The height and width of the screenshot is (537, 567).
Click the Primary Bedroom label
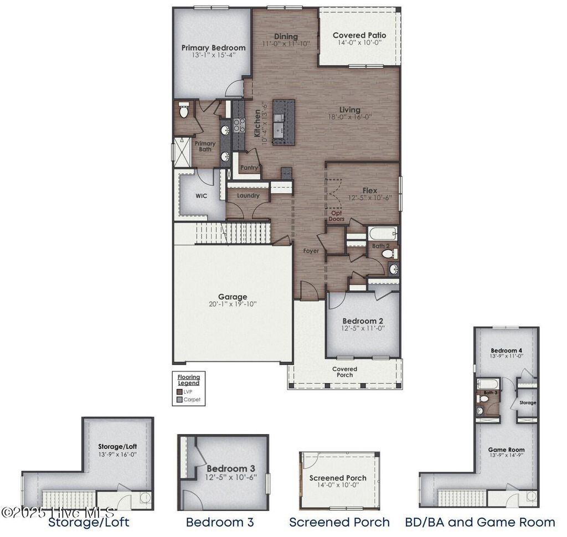pyautogui.click(x=213, y=48)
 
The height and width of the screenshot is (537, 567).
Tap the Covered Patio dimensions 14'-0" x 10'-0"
pyautogui.click(x=359, y=45)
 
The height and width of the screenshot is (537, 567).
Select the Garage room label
pyautogui.click(x=233, y=297)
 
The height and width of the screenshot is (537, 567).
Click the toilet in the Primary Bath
pyautogui.click(x=184, y=110)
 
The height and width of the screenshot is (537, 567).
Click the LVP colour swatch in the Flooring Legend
pyautogui.click(x=179, y=391)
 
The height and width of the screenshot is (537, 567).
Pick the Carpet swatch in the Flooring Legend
pyautogui.click(x=179, y=399)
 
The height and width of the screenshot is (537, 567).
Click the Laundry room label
pyautogui.click(x=248, y=195)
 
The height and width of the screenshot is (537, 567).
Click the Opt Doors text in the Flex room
pyautogui.click(x=337, y=216)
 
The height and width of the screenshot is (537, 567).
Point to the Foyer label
pyautogui.click(x=311, y=251)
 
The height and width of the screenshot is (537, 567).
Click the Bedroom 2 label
pyautogui.click(x=363, y=321)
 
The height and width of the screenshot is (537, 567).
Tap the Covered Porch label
pyautogui.click(x=344, y=372)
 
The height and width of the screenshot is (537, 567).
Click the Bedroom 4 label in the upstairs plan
pyautogui.click(x=506, y=351)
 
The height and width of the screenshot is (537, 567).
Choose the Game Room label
pyautogui.click(x=506, y=450)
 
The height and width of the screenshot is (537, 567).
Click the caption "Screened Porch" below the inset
pyautogui.click(x=339, y=522)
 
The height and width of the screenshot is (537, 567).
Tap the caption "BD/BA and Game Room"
pyautogui.click(x=480, y=522)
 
